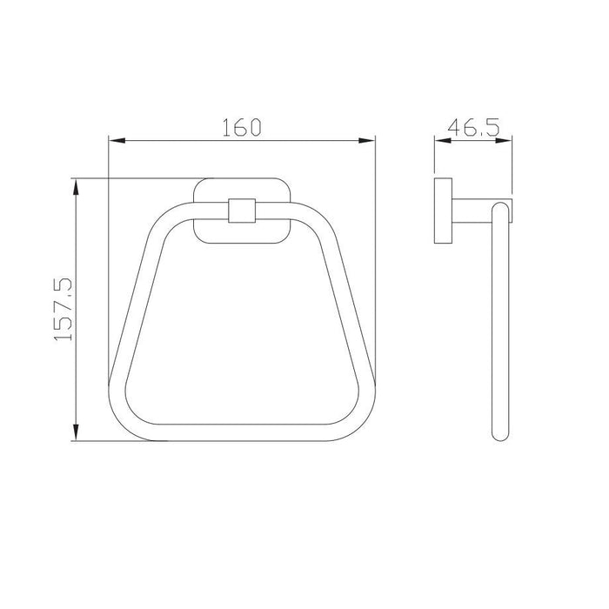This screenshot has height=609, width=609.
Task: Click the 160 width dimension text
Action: coord(242,128)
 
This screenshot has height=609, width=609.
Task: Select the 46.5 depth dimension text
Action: coord(473,128)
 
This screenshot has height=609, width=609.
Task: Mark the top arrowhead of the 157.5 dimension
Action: coord(77,185)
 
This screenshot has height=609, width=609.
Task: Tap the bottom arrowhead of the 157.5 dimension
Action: coord(77,435)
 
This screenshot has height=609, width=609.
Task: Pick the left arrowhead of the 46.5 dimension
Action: coord(439,141)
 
